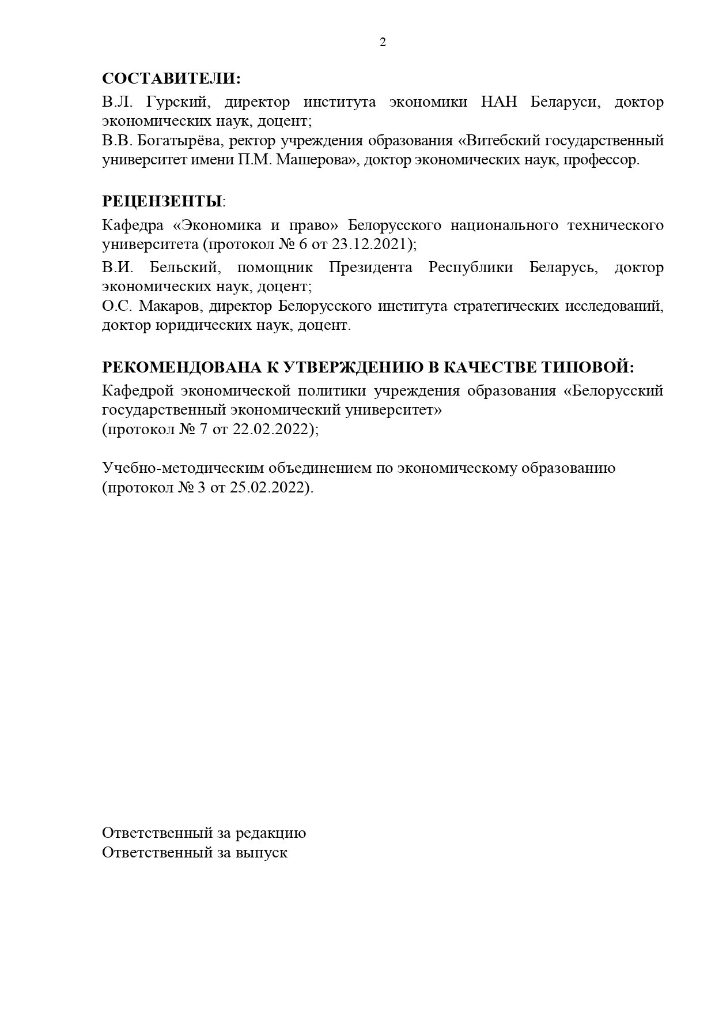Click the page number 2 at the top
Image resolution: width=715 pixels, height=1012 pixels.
coord(383,42)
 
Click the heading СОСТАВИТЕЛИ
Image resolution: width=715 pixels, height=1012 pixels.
coord(171,78)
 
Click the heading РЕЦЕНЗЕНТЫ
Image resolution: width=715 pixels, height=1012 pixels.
coord(162,202)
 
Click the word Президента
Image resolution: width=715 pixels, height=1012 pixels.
coord(370,268)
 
